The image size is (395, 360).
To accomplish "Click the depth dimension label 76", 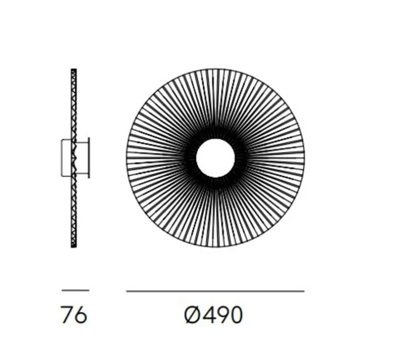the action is (74, 315).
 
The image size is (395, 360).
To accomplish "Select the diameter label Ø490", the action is (213, 315).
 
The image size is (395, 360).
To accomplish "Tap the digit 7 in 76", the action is (67, 315).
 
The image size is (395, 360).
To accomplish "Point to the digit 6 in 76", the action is (81, 315).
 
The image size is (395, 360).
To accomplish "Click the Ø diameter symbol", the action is (192, 315).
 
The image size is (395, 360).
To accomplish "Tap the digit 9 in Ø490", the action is (222, 315).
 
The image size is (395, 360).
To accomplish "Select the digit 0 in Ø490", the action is (236, 315).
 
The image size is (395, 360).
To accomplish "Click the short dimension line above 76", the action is (75, 290).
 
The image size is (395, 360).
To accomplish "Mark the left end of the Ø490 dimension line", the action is (126, 291).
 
